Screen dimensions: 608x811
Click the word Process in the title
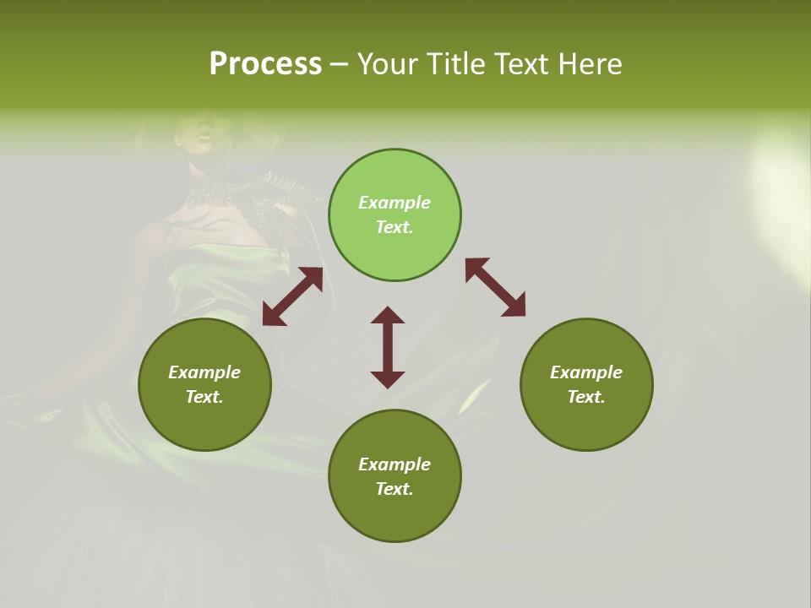click(265, 64)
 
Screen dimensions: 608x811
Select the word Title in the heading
click(460, 64)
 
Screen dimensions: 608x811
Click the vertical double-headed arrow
click(388, 347)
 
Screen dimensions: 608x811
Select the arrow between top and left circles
click(292, 296)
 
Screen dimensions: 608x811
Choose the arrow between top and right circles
click(495, 288)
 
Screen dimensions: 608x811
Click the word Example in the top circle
click(395, 203)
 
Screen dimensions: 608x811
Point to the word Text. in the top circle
click(395, 227)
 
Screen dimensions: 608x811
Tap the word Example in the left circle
click(204, 372)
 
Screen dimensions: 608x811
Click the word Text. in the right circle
click(586, 397)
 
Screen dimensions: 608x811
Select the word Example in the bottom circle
click(395, 464)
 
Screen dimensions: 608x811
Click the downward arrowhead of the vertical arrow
click(388, 379)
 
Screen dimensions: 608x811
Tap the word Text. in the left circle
click(204, 397)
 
